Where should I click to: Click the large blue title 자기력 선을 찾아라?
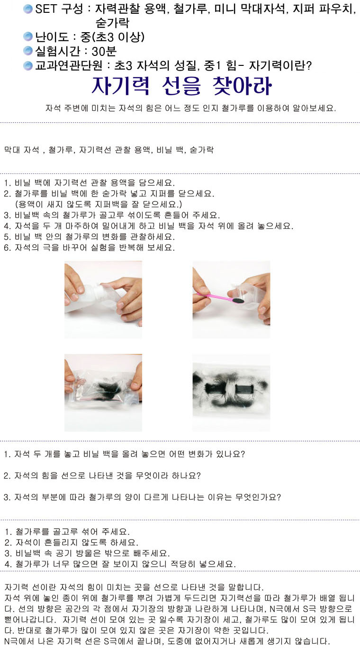click(181, 86)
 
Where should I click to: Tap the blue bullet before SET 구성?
click(28, 9)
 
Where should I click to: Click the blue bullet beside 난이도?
click(28, 37)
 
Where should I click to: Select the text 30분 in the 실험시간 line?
click(104, 51)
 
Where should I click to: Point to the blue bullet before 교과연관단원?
click(28, 65)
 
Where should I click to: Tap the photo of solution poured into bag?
click(103, 299)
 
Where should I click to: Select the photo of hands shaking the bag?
click(103, 393)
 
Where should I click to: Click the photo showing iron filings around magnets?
click(232, 393)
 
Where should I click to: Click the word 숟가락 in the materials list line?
click(202, 150)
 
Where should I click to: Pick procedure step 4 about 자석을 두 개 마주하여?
click(149, 226)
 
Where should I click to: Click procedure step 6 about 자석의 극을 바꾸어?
click(90, 247)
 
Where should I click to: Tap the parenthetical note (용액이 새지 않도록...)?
click(99, 204)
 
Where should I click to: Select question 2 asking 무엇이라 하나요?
click(102, 476)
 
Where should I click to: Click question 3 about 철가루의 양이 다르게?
click(143, 497)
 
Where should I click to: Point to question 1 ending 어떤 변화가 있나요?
click(125, 454)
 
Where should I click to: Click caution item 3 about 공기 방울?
click(87, 553)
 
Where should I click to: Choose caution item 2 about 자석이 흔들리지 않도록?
click(72, 542)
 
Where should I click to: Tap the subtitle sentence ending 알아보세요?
click(190, 108)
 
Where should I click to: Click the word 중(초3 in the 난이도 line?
click(98, 37)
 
